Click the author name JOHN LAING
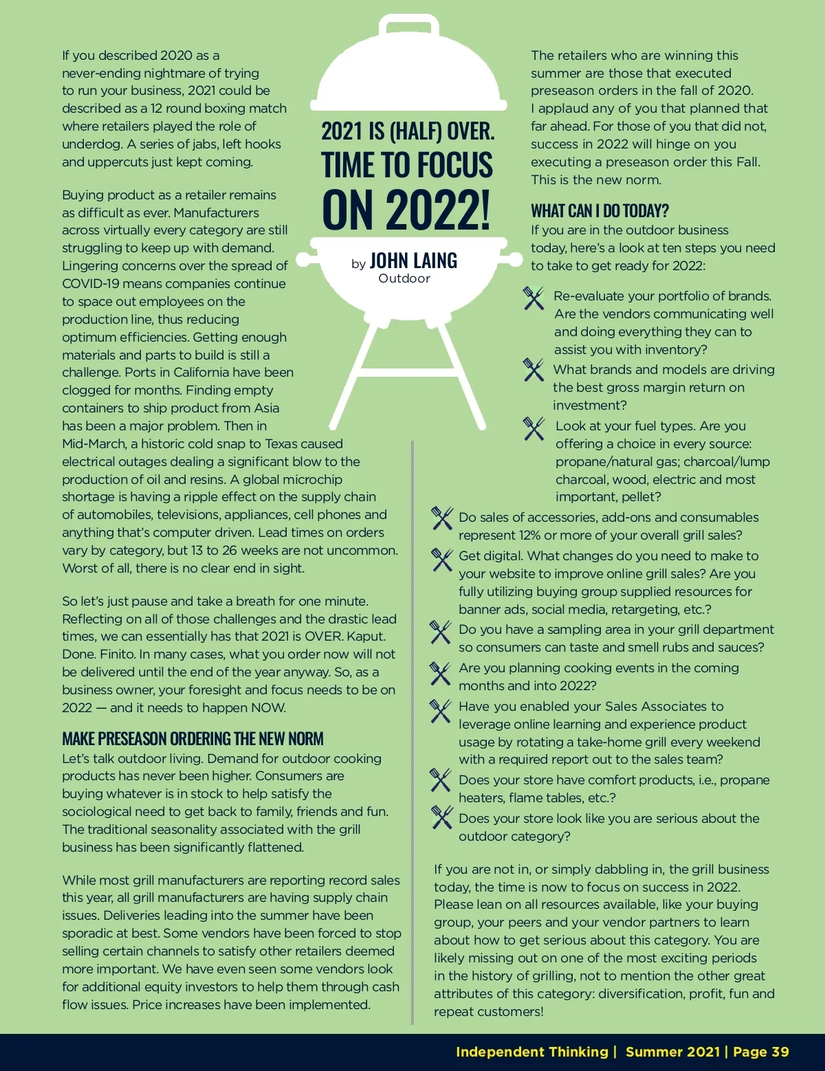413,261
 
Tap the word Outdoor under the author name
404,278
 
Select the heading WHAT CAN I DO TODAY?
599,211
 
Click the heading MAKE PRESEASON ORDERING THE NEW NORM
192,739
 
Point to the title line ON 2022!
406,210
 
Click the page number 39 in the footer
780,1052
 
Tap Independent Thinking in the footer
531,1052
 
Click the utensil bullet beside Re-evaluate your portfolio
533,298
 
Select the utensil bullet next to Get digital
441,559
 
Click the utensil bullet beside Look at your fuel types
533,428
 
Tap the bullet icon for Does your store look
441,817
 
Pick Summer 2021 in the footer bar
672,1052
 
